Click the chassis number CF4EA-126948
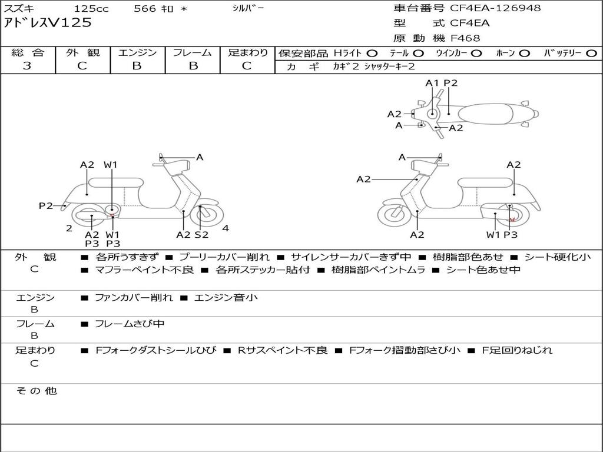[x=495, y=8]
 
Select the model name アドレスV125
[x=48, y=23]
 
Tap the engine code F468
[x=465, y=38]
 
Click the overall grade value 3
[x=27, y=66]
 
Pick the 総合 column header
[x=28, y=52]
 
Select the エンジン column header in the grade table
[x=137, y=52]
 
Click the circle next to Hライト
[x=372, y=53]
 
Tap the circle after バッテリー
[x=592, y=53]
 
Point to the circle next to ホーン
[x=525, y=53]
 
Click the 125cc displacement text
[x=92, y=9]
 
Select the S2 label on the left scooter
[x=201, y=234]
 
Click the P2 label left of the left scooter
[x=46, y=205]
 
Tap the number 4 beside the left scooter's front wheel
[x=226, y=228]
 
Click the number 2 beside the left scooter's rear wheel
[x=69, y=228]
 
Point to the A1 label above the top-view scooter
[x=432, y=83]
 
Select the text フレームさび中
[x=130, y=324]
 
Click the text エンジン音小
[x=226, y=298]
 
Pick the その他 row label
[x=35, y=391]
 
